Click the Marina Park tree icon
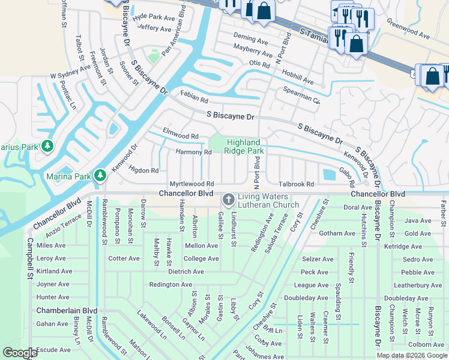[x=100, y=175]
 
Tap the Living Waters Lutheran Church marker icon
[x=228, y=199]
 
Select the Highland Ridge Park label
[x=245, y=146]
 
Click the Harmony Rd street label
[x=193, y=152]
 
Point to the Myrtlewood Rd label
[x=192, y=184]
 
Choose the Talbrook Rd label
[x=296, y=184]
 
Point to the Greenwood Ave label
[x=408, y=28]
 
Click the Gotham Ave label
[x=338, y=233]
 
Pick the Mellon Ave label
[x=201, y=246]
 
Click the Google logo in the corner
[x=20, y=353]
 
